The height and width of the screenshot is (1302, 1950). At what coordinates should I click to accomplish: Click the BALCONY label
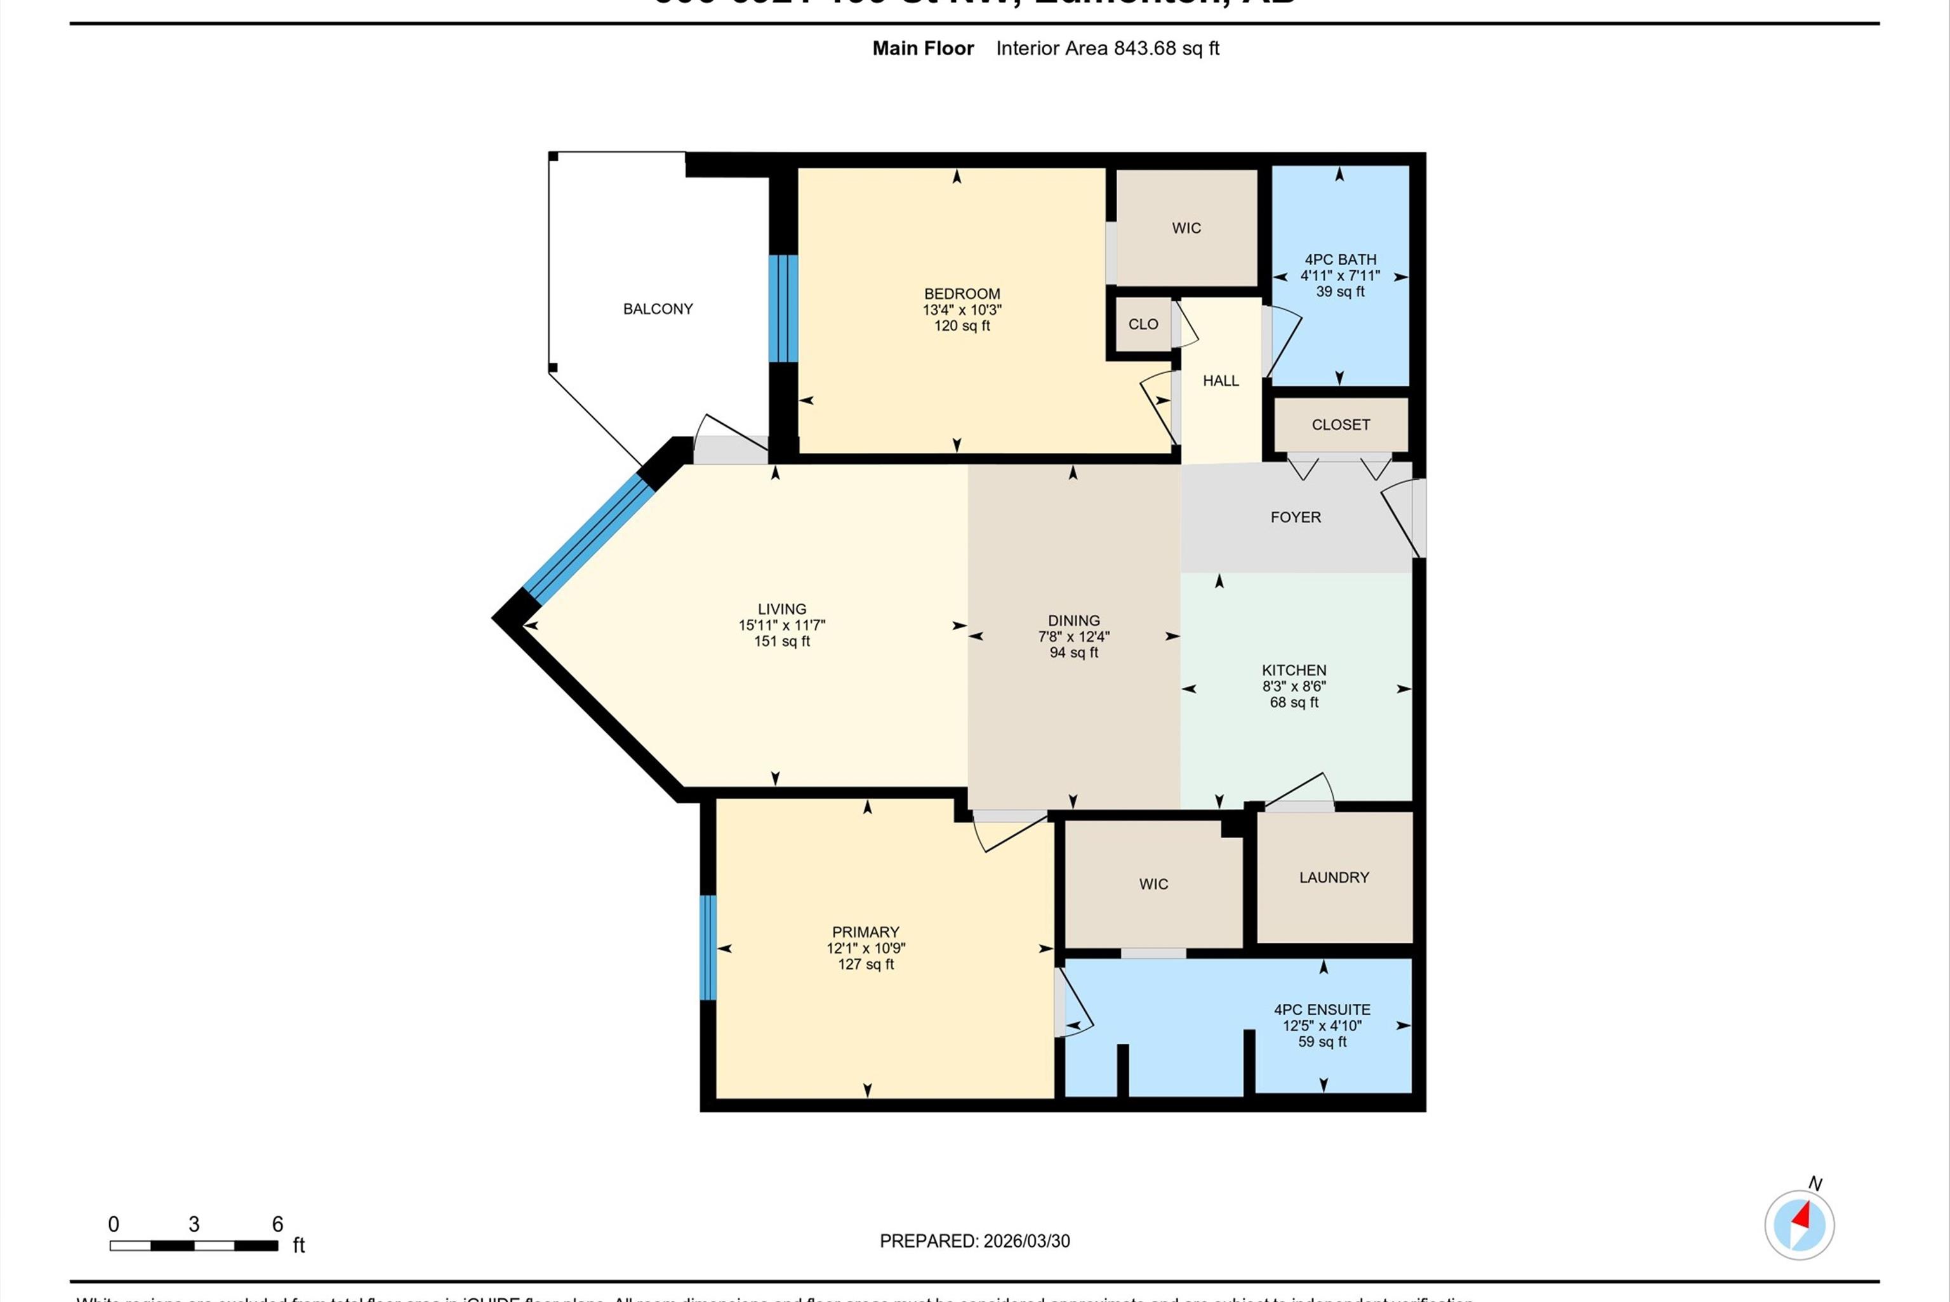tap(658, 309)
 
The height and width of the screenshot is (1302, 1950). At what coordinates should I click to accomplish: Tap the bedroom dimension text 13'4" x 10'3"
tap(962, 310)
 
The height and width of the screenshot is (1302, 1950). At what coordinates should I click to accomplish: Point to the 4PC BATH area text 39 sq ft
tap(1339, 291)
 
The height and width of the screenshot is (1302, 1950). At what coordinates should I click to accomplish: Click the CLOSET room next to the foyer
tap(1341, 425)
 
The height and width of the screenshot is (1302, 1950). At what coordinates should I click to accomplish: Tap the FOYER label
tap(1295, 517)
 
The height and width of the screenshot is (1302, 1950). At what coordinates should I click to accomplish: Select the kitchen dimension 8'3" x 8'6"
tap(1294, 687)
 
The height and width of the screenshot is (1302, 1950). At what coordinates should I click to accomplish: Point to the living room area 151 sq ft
tap(781, 641)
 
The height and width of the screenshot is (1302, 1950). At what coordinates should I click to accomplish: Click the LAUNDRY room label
tap(1334, 878)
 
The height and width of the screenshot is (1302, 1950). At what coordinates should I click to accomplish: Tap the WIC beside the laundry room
tap(1153, 885)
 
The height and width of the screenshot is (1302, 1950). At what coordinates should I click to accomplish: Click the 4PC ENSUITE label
tap(1322, 1009)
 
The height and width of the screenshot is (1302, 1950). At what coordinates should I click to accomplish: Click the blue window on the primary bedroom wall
tap(708, 947)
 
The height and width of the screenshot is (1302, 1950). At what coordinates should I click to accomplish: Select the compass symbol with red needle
tap(1799, 1225)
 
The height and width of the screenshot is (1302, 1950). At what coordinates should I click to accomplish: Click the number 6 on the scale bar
tap(277, 1224)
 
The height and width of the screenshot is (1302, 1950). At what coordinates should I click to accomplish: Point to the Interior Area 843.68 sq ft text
tap(1107, 48)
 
